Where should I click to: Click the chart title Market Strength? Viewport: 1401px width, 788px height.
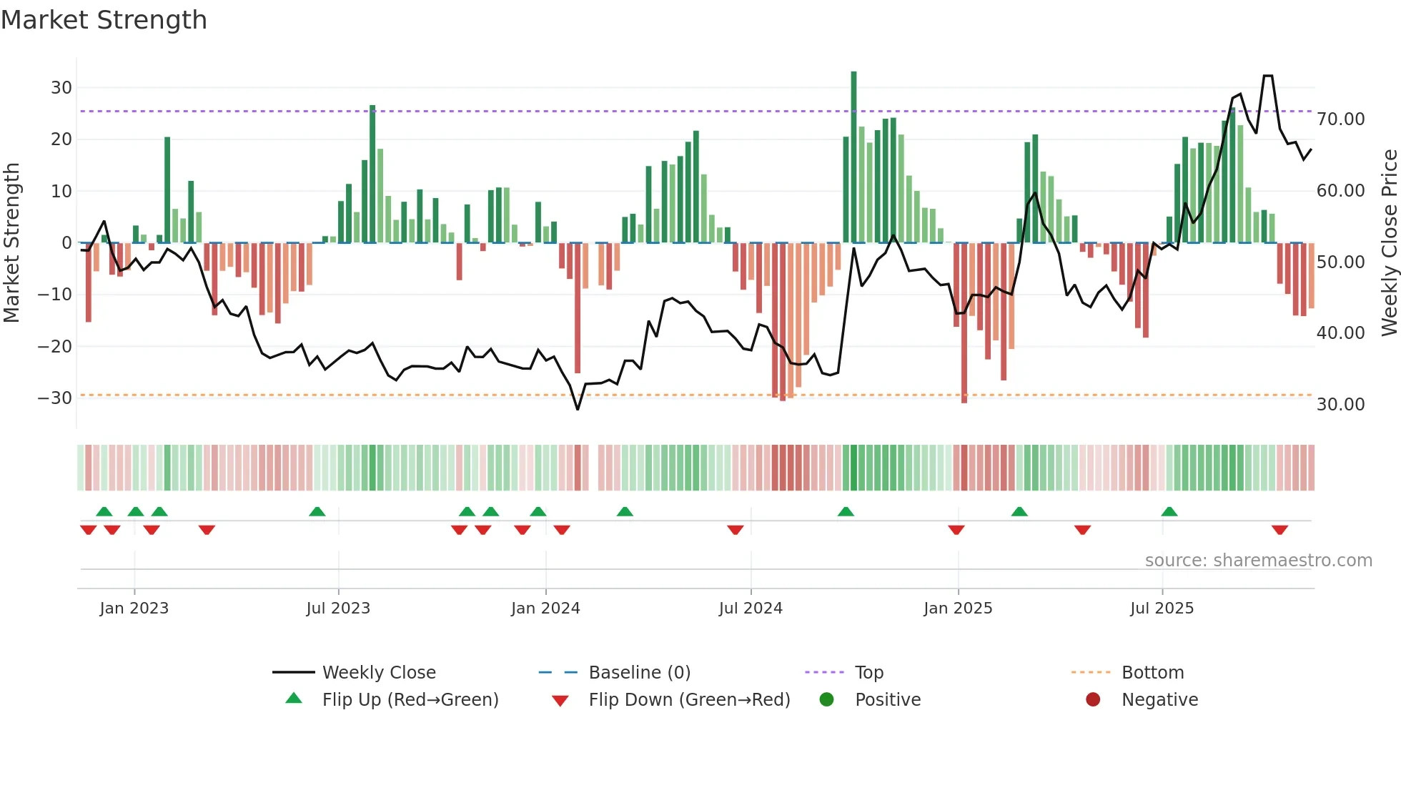pyautogui.click(x=104, y=20)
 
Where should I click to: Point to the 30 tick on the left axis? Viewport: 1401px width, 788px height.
pyautogui.click(x=61, y=87)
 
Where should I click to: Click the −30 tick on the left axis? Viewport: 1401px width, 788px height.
pyautogui.click(x=56, y=398)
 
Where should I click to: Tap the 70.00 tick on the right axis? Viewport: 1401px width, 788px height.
pyautogui.click(x=1340, y=119)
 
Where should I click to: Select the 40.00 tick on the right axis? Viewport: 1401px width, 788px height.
pyautogui.click(x=1340, y=333)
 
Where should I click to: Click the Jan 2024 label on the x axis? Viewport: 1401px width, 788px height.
pyautogui.click(x=545, y=608)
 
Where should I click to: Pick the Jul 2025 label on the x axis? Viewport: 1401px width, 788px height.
pyautogui.click(x=1162, y=608)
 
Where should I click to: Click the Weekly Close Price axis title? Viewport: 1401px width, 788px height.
pyautogui.click(x=1389, y=242)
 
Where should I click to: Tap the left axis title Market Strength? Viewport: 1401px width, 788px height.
pyautogui.click(x=11, y=242)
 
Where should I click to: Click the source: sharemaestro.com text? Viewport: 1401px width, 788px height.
pyautogui.click(x=1258, y=560)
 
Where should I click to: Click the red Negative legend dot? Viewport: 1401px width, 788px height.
pyautogui.click(x=1093, y=699)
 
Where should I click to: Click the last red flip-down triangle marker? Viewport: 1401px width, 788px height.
pyautogui.click(x=1279, y=530)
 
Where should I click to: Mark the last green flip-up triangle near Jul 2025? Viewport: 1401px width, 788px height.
pyautogui.click(x=1169, y=511)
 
